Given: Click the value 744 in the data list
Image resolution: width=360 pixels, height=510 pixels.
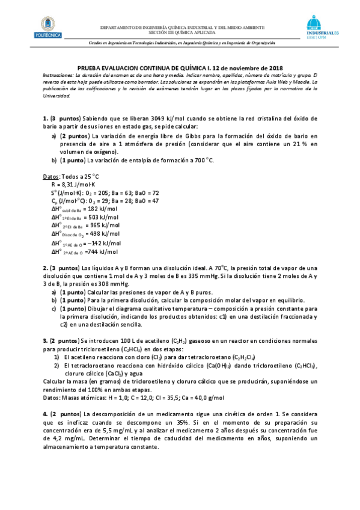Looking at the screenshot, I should tap(93, 251).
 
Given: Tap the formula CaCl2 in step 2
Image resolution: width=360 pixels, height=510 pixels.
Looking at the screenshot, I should tap(111, 373).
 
